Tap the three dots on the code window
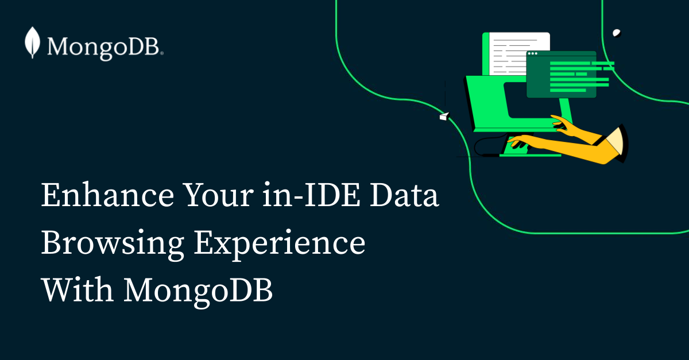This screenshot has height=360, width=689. click(x=533, y=55)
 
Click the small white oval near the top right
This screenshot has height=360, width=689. click(x=617, y=33)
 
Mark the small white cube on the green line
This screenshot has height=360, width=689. click(x=443, y=117)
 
